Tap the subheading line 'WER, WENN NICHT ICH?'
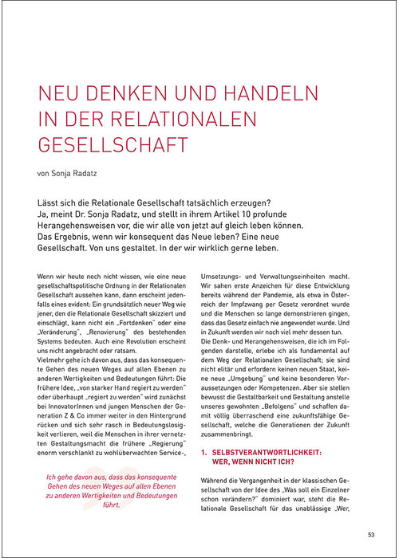coord(255,462)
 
